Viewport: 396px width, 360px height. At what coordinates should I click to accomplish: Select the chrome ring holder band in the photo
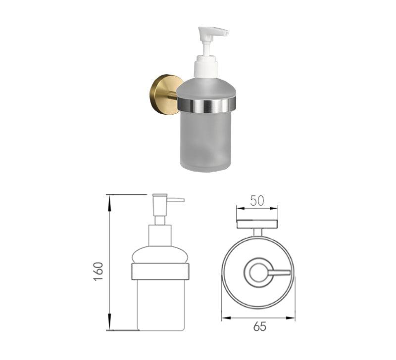(206, 104)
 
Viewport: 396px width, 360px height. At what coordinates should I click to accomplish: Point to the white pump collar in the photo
(205, 66)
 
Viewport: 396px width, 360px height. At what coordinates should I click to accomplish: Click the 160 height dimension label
(98, 271)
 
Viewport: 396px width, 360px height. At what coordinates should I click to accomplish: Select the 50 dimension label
(257, 201)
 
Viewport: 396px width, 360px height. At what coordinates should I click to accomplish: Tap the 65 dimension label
(259, 326)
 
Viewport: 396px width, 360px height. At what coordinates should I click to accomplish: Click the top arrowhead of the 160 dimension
(109, 204)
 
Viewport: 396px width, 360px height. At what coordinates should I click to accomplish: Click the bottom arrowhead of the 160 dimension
(109, 321)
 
